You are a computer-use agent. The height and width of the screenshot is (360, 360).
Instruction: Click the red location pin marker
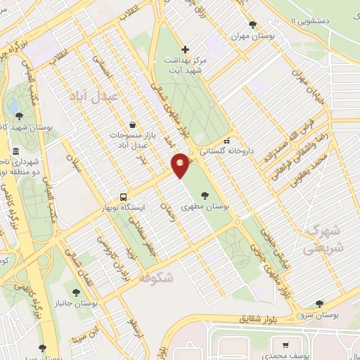(181, 165)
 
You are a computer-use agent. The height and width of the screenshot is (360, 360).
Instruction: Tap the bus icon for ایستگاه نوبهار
(124, 197)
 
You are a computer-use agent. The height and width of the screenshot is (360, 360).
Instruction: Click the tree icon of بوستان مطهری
(205, 195)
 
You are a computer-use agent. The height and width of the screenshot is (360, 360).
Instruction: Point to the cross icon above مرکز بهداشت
(185, 49)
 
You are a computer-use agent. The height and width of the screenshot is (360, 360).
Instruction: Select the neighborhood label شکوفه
(156, 278)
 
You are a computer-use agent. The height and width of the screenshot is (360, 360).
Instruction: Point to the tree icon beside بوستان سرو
(320, 304)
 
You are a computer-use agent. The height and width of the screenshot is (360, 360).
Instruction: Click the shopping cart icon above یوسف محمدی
(285, 345)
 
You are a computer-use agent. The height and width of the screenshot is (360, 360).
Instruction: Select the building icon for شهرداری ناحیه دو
(15, 151)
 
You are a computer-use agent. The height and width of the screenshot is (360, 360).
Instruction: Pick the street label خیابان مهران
(309, 83)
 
